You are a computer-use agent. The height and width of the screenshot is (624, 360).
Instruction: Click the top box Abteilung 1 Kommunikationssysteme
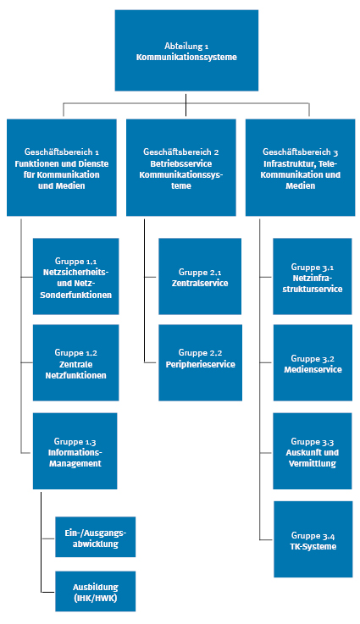tap(186, 51)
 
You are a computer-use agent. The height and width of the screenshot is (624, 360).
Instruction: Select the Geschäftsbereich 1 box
tap(63, 167)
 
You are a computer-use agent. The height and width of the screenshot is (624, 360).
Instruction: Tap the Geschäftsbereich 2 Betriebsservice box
tap(181, 167)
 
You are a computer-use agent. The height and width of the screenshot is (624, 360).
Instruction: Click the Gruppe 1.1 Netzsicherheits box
tap(75, 277)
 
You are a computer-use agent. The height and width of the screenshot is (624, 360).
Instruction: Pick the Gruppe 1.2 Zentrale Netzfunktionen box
tap(75, 362)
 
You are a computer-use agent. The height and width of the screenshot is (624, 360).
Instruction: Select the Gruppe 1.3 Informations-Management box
tap(75, 451)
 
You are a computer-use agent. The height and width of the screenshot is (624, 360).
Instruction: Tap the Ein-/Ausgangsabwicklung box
tap(95, 538)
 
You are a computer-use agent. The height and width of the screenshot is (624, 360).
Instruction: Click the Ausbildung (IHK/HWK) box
tap(95, 591)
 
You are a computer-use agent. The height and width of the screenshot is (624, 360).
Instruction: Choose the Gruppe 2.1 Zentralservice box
tap(200, 277)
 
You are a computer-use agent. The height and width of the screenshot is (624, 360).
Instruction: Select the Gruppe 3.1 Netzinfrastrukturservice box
tap(312, 277)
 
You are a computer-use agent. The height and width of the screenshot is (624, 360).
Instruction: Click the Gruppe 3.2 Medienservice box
tap(312, 363)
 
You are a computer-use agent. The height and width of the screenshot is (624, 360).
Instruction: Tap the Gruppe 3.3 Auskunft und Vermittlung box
tap(312, 451)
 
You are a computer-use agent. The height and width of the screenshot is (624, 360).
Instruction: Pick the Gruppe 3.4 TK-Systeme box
tap(312, 540)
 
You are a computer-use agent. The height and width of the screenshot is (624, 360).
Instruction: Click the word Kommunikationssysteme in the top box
tap(186, 57)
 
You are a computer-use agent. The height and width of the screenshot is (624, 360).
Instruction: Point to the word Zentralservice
tap(200, 283)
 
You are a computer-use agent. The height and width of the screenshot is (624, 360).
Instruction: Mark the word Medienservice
tap(312, 369)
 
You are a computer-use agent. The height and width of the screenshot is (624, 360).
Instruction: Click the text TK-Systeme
tap(313, 546)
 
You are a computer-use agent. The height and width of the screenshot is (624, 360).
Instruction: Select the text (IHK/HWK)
tap(95, 597)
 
